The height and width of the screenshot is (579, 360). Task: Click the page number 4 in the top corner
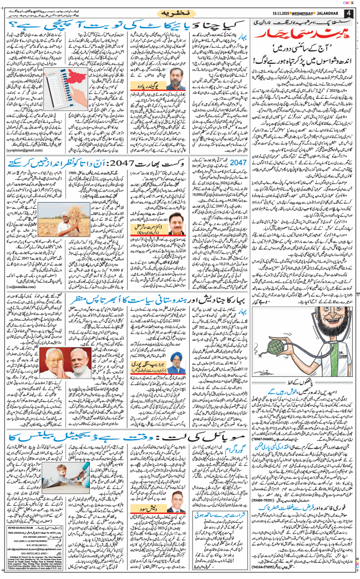pos(348,11)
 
